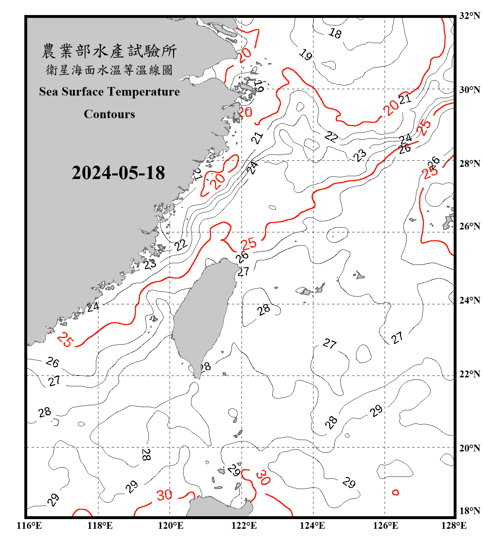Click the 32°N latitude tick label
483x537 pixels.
click(x=469, y=16)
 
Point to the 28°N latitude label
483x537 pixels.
click(x=469, y=164)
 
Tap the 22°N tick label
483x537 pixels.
click(x=469, y=374)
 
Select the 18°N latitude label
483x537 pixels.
click(x=469, y=511)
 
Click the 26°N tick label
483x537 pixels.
click(x=469, y=226)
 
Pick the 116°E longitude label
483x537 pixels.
click(x=29, y=526)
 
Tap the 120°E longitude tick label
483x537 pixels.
click(x=171, y=526)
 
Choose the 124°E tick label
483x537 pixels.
click(x=312, y=526)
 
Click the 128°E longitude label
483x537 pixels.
click(x=454, y=526)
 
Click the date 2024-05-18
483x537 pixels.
click(x=118, y=173)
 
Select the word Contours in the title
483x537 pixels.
click(x=109, y=114)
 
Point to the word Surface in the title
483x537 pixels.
click(x=83, y=92)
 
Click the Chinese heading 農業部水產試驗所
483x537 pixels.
click(x=109, y=51)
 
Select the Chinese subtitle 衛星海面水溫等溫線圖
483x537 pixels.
click(x=109, y=70)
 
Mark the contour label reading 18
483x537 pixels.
click(x=335, y=33)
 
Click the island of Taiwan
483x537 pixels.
click(x=202, y=315)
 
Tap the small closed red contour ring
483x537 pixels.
click(x=395, y=493)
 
